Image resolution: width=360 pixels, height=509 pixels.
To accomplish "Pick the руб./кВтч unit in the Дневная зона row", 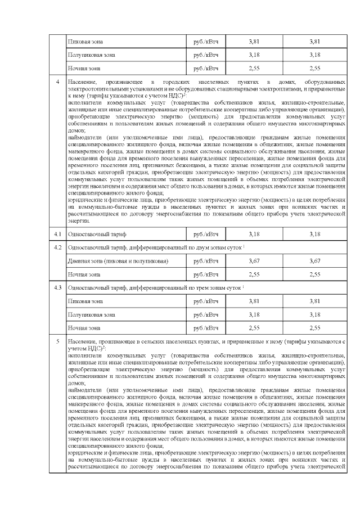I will click(x=205, y=261).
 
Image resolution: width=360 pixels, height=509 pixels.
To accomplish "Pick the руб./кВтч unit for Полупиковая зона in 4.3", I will click(x=205, y=314).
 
